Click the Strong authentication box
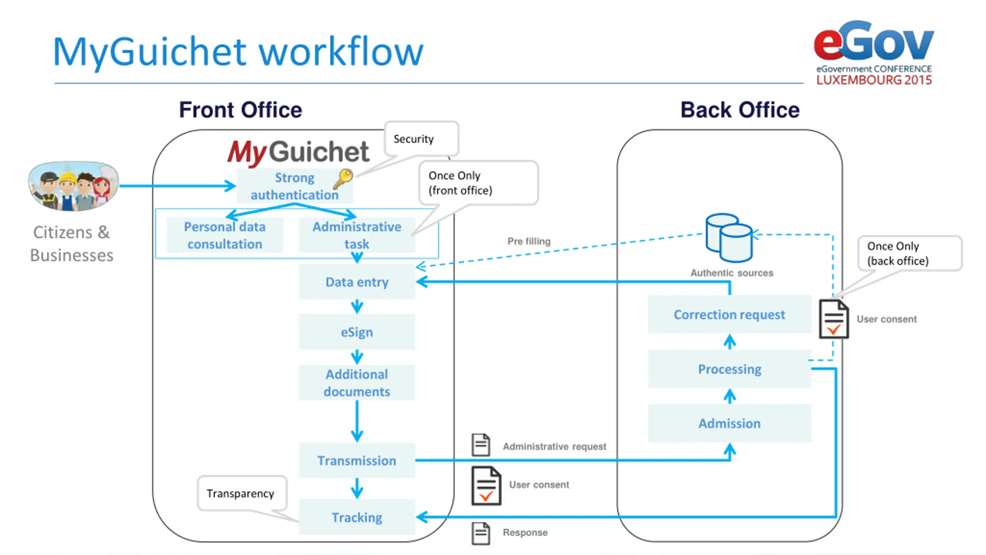(x=295, y=186)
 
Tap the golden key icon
(x=343, y=179)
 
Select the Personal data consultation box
(x=225, y=235)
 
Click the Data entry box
(x=357, y=282)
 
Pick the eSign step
(x=357, y=332)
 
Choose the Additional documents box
(x=357, y=383)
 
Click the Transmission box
(x=357, y=461)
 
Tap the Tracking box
(x=357, y=517)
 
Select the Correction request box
(x=729, y=314)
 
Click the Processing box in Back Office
(x=729, y=369)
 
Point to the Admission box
(x=729, y=423)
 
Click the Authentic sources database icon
(x=729, y=238)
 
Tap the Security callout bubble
(x=421, y=139)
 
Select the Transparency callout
(x=242, y=493)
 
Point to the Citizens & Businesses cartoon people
(x=73, y=186)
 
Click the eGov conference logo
(x=874, y=53)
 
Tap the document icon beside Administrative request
(x=481, y=445)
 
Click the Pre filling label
(x=529, y=241)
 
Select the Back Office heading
(x=740, y=110)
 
